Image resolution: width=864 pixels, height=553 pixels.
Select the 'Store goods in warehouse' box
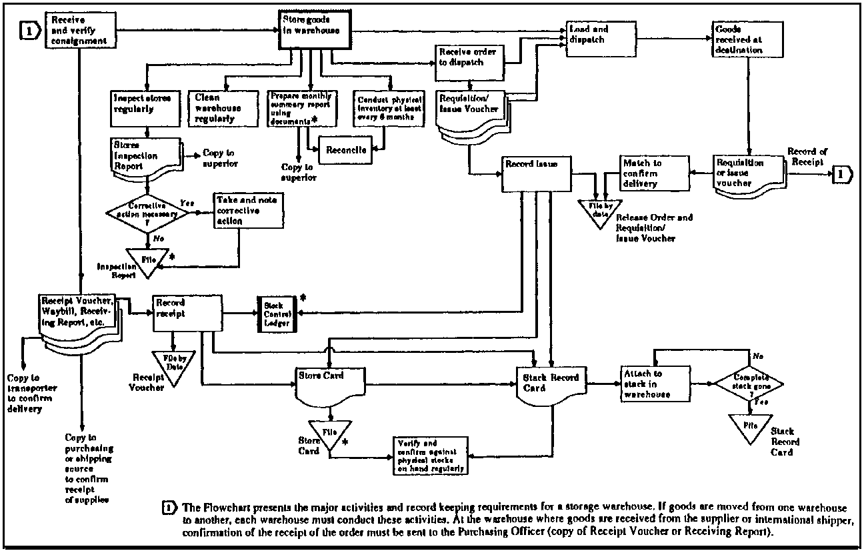pos(315,30)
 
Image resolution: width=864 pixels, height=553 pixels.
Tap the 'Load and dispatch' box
pos(598,41)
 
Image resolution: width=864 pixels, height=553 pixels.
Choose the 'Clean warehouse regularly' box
pos(222,107)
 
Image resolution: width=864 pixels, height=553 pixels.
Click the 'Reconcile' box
pos(346,150)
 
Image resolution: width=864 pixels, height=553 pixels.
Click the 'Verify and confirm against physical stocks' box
pos(430,456)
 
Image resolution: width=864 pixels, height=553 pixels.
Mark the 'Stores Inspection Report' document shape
pos(145,156)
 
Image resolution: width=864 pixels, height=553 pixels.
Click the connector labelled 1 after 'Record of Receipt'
pos(842,174)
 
